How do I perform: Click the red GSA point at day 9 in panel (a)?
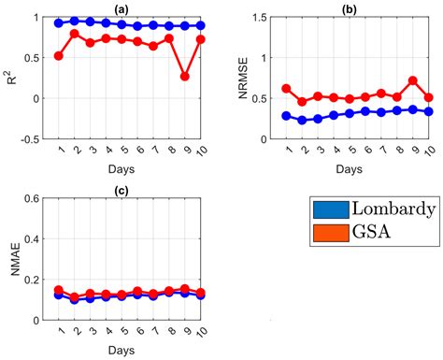tap(185, 77)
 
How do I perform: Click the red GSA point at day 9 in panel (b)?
tap(412, 80)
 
